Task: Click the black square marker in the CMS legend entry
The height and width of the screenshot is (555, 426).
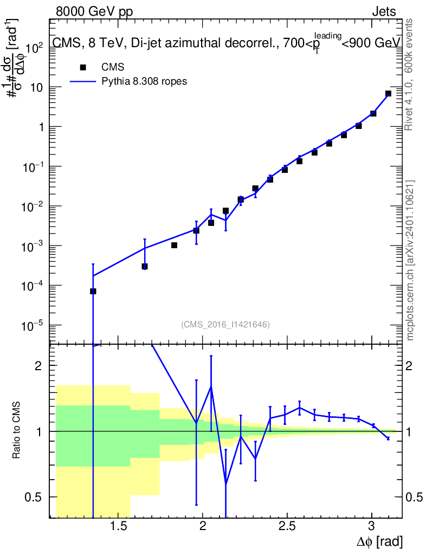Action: [x=83, y=67]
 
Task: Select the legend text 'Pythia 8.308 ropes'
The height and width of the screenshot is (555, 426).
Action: [x=145, y=82]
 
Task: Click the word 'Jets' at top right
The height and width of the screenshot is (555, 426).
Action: [x=384, y=11]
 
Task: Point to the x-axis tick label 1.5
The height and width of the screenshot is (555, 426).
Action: [x=118, y=526]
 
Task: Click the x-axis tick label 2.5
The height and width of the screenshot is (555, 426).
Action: [x=287, y=526]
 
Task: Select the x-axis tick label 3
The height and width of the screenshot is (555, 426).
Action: [x=371, y=526]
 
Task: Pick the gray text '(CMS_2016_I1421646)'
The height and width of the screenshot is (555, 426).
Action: [x=225, y=325]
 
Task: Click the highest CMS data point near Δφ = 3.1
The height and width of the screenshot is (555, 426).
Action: [x=388, y=94]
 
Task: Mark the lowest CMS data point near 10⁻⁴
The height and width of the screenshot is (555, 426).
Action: [x=93, y=291]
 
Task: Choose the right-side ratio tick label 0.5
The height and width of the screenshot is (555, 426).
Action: [x=416, y=497]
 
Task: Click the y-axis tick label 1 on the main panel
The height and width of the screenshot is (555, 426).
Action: [x=40, y=127]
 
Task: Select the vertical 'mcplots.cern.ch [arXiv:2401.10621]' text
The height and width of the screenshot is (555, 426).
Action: [x=410, y=261]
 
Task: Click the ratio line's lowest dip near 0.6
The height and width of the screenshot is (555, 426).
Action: [x=225, y=483]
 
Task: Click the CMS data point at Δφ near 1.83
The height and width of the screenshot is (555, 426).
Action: [x=175, y=245]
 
